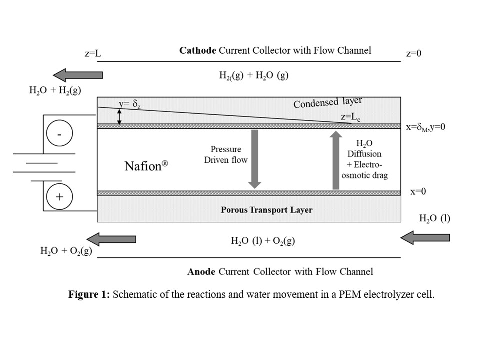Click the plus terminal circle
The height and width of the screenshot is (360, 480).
tap(59, 196)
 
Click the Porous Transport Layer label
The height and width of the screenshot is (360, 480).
tap(266, 210)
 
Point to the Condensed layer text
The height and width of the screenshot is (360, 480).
tap(327, 103)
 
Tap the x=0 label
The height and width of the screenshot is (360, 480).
tap(418, 192)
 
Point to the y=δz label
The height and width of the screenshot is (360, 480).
tap(131, 103)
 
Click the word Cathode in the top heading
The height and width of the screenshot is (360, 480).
tap(197, 50)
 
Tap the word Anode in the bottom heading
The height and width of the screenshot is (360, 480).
tap(201, 272)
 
